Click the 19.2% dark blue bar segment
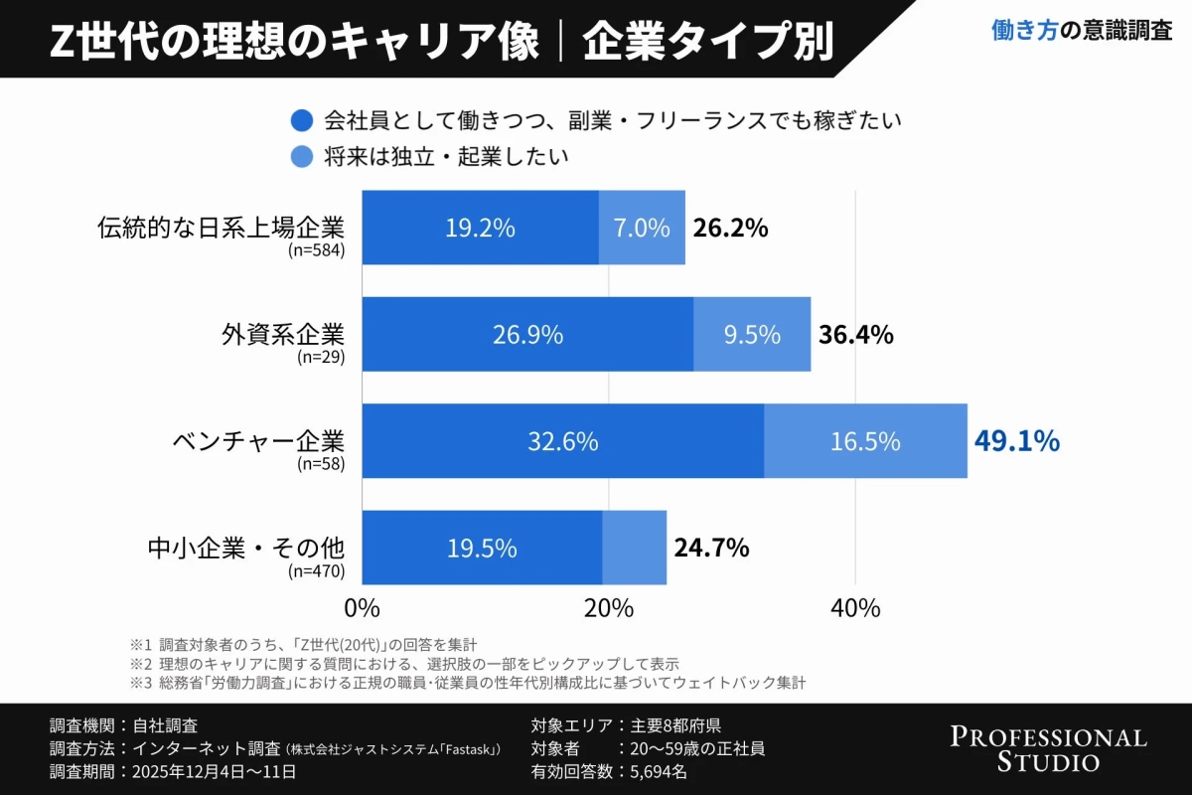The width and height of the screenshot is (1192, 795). tap(480, 228)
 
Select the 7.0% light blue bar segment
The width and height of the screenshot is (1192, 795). tap(642, 228)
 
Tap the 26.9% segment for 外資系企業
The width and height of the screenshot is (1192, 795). tap(527, 335)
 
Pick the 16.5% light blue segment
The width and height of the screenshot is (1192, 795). tap(865, 441)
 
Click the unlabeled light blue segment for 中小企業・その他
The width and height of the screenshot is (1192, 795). tap(634, 548)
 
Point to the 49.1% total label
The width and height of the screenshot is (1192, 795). tap(1016, 441)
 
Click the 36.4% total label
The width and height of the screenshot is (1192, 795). tap(855, 335)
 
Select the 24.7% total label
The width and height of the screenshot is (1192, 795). tap(711, 548)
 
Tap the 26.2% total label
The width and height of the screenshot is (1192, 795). tap(730, 228)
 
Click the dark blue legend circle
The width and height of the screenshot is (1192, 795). tap(301, 121)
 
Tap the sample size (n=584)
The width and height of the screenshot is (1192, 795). tap(316, 250)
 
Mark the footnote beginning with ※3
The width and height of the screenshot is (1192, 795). tap(467, 684)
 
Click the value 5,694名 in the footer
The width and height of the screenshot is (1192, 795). tap(652, 771)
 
